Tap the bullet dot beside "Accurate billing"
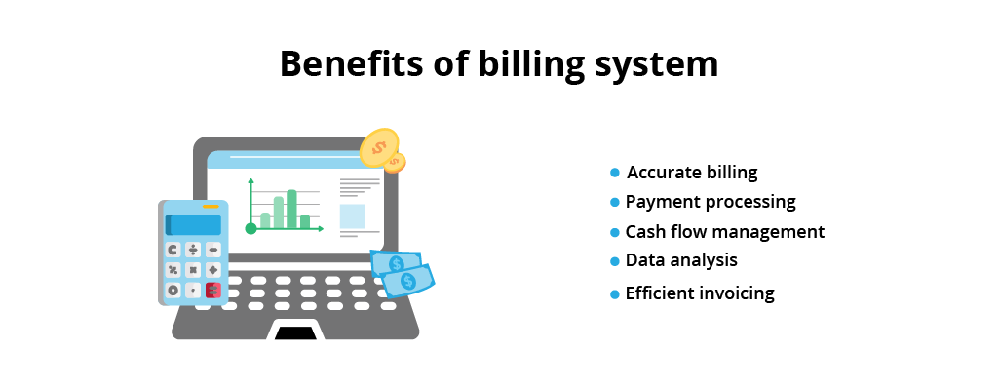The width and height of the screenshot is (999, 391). [x=615, y=173]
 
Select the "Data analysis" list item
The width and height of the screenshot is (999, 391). [x=681, y=260]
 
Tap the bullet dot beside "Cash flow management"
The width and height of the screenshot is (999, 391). [x=615, y=233]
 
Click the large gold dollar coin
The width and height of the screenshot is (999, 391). [x=379, y=148]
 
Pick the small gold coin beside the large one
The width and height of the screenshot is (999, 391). [x=395, y=162]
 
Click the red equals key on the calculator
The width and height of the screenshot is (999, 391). [x=212, y=291]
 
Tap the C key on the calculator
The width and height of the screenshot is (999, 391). [x=173, y=250]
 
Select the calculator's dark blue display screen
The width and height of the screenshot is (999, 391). [x=193, y=225]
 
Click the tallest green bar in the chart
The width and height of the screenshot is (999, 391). [x=291, y=209]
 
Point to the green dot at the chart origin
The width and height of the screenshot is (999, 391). [x=251, y=228]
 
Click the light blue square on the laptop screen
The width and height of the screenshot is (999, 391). [x=352, y=216]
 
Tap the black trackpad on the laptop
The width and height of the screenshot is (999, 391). [x=295, y=332]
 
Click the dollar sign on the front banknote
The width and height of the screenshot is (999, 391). [x=407, y=281]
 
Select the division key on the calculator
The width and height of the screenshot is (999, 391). [x=193, y=250]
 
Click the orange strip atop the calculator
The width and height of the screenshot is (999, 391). [x=211, y=207]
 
